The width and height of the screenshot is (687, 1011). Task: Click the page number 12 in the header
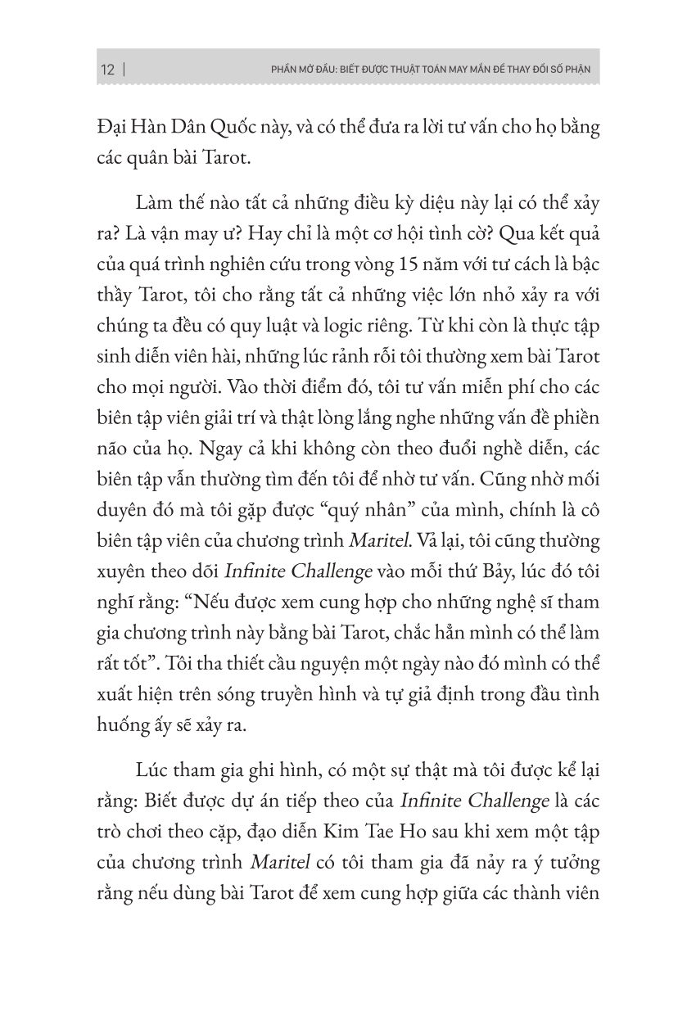click(x=107, y=69)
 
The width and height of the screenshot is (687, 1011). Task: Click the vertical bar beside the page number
click(x=124, y=69)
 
